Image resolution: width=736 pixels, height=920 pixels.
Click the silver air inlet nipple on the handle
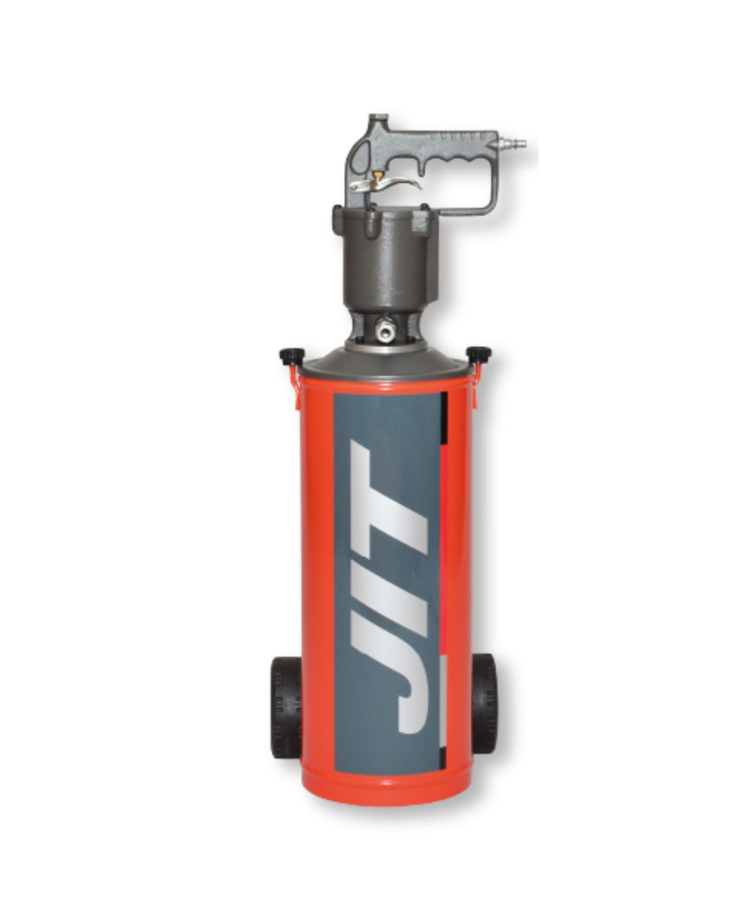pyautogui.click(x=511, y=144)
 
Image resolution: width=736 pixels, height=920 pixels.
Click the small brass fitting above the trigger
pyautogui.click(x=379, y=174)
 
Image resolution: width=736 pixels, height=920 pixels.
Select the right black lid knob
pyautogui.click(x=479, y=353)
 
